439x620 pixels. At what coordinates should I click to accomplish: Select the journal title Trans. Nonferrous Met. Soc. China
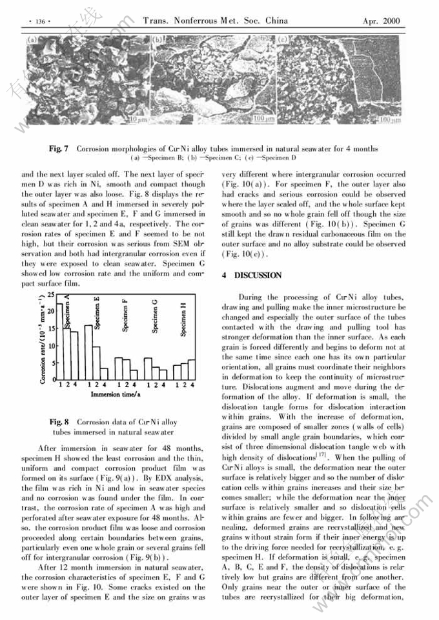tap(215, 21)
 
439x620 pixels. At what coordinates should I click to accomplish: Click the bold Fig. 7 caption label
tap(59, 149)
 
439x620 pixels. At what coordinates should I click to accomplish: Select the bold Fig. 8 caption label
tap(60, 423)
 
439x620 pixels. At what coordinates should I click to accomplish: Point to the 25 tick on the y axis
tap(51, 295)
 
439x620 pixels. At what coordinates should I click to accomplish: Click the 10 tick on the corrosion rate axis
tap(51, 346)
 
